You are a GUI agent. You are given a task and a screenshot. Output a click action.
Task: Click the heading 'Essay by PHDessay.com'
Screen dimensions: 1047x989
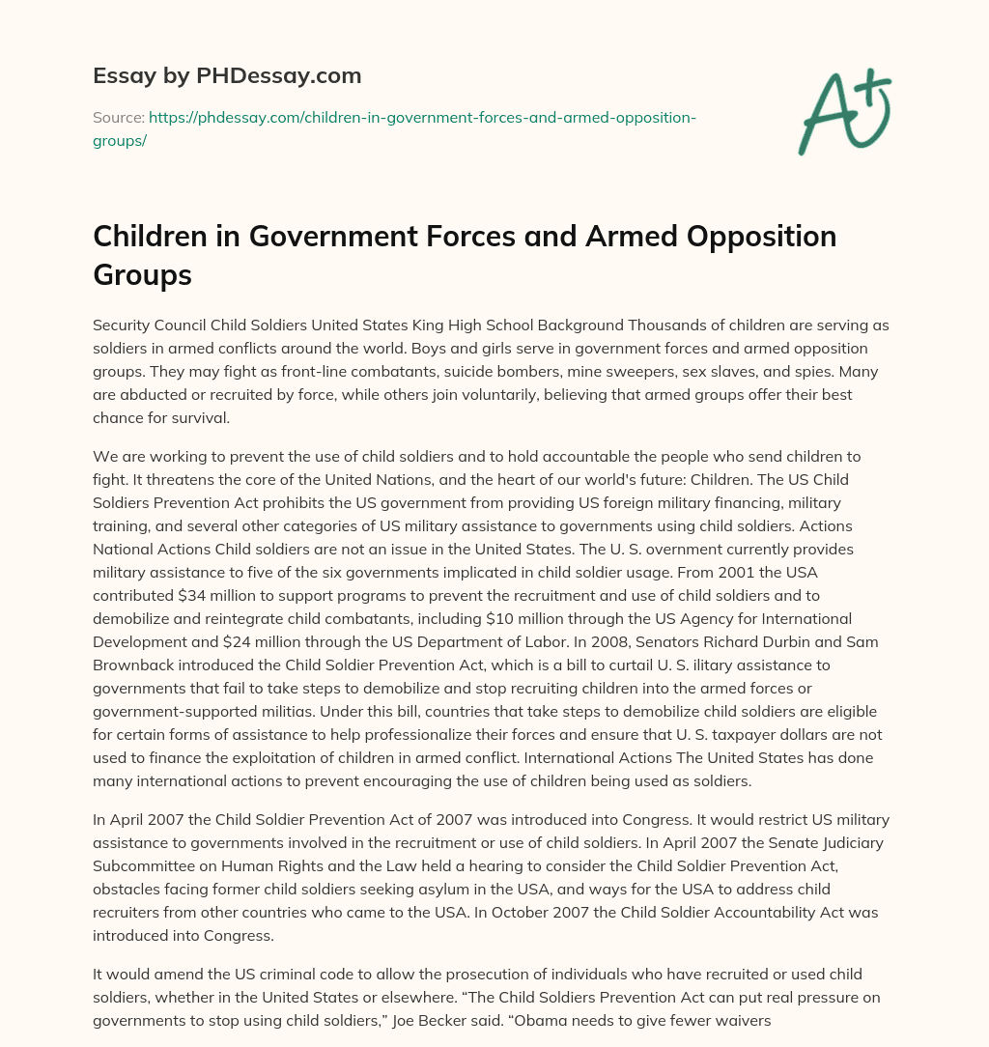click(227, 75)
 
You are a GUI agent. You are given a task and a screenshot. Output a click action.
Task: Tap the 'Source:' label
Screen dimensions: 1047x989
click(118, 117)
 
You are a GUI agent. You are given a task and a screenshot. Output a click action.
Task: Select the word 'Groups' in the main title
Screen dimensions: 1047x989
click(142, 274)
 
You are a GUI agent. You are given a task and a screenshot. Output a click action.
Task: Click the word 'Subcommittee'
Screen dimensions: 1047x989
click(147, 866)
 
